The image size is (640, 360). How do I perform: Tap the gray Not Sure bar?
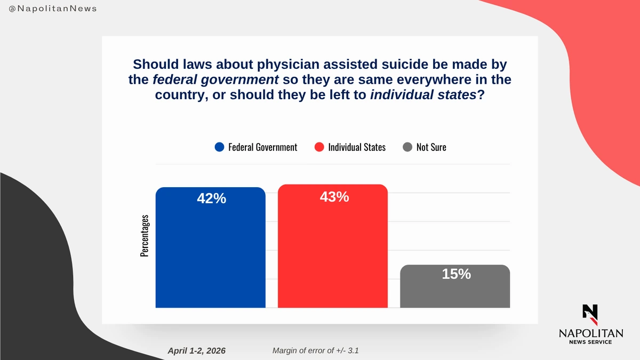pos(454,288)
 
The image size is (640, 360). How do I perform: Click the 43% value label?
pos(334,197)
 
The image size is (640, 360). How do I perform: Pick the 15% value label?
pos(456,274)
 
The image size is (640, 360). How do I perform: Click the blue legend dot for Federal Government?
pos(219,147)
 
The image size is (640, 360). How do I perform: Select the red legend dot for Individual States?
pos(319,147)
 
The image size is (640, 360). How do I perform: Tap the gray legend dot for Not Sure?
pos(407,147)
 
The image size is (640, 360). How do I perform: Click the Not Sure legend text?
pos(431,147)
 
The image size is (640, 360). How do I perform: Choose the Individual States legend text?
pos(356,147)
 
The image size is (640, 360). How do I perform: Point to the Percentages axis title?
pos(144,236)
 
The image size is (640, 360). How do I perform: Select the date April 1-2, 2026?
pos(196,350)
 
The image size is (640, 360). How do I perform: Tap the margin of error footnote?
pos(318,350)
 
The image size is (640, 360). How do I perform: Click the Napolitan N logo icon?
pos(590,314)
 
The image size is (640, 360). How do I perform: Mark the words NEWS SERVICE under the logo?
pos(590,342)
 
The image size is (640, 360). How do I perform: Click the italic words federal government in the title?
pos(215,81)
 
